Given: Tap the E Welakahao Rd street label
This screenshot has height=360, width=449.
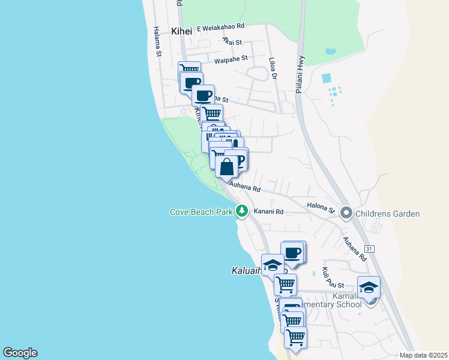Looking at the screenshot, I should (223, 27).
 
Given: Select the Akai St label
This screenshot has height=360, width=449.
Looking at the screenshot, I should (232, 41).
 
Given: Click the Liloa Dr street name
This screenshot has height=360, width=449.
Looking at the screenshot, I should (273, 67).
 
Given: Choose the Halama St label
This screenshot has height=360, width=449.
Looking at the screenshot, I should (158, 41).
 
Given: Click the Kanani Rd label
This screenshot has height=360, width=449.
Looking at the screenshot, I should (268, 211).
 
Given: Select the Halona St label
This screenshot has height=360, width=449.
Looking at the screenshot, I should (321, 208).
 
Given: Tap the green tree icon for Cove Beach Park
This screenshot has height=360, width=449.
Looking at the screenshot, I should (242, 211).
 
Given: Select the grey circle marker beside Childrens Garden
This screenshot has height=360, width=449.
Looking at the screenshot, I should (346, 213).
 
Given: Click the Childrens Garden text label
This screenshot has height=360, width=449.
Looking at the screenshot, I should (387, 214).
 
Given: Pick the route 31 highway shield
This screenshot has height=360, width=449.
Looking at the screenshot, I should (369, 248).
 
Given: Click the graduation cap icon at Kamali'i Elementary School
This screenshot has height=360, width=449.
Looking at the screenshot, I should (369, 287).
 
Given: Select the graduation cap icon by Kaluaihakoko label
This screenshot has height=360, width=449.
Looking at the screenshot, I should (273, 265).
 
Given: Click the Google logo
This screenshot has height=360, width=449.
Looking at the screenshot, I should (20, 353).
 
